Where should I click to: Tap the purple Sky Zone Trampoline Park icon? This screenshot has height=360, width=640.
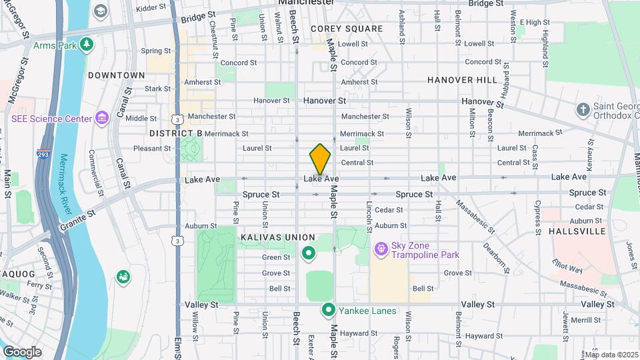coord(381,249)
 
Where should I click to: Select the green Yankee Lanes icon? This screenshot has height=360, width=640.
coord(329,310)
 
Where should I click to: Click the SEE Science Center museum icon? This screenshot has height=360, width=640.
coord(101,119)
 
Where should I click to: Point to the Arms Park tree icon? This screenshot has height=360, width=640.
coord(86,45)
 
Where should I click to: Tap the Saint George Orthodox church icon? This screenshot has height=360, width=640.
coord(583,109)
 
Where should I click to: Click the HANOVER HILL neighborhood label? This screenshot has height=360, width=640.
coord(462,80)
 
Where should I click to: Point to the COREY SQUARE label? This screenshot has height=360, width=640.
coord(347,29)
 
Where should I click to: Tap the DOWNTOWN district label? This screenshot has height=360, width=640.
coord(116,75)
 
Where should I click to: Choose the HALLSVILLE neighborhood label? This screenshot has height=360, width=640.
coord(577,231)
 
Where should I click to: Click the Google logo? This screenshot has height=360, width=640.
coord(22,351)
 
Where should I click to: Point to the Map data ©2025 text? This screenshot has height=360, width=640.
coord(611,355)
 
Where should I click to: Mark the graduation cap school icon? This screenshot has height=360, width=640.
coord(101,11)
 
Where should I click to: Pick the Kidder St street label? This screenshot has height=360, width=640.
coord(150,9)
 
